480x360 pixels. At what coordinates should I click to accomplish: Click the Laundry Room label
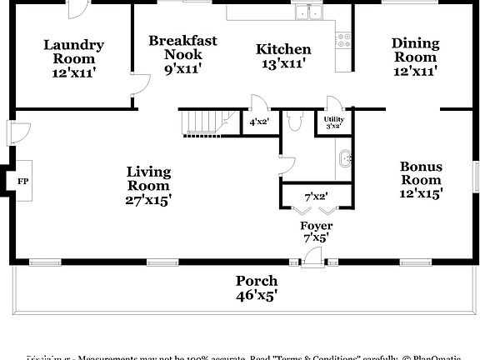point(73,58)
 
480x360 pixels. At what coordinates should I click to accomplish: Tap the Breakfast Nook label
point(182,54)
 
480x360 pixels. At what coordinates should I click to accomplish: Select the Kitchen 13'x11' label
point(283,57)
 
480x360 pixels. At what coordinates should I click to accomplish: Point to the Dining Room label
point(414,57)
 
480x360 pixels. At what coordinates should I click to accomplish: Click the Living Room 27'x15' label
point(148,185)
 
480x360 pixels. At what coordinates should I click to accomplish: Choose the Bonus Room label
point(421,179)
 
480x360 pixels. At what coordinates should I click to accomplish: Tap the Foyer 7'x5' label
point(316,232)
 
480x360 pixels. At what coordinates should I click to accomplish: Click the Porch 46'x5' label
point(256,287)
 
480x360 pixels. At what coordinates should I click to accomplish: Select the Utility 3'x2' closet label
point(332,122)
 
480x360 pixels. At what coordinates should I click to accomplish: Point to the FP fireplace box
point(22,179)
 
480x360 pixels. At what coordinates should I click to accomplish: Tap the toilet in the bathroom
point(293,121)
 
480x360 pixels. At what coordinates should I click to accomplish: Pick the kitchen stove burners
point(342,38)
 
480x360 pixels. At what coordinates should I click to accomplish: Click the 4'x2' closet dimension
point(259,122)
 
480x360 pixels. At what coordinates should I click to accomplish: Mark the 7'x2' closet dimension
point(315,197)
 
